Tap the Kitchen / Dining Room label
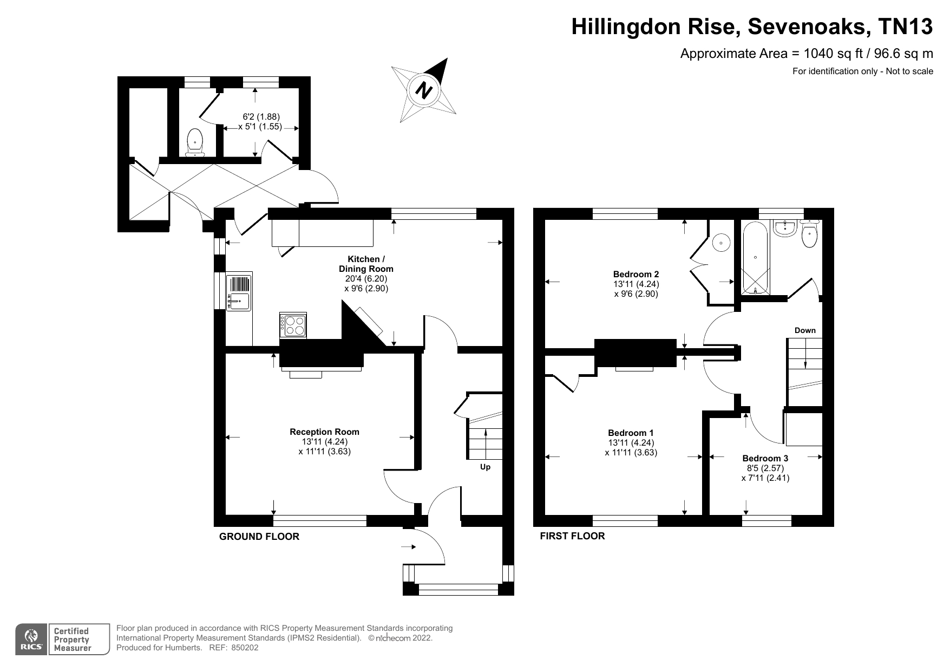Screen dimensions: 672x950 tap(366, 264)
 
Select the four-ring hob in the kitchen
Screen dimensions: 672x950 tap(293, 325)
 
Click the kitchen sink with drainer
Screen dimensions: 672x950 tap(239, 292)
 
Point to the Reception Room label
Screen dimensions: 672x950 tap(324, 432)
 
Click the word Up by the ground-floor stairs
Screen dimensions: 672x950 tap(485, 467)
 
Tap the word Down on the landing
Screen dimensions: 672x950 tap(804, 330)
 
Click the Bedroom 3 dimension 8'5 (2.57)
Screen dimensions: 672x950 tap(765, 468)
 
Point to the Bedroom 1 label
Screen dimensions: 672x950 tap(631, 433)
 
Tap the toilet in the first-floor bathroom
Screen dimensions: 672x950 tap(809, 234)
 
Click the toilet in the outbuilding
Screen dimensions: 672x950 tap(195, 142)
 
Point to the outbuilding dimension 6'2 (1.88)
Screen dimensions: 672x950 tap(261, 116)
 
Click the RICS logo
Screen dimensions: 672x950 tap(32, 640)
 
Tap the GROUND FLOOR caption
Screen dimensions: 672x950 tap(259, 537)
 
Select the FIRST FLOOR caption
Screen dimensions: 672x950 tap(572, 536)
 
